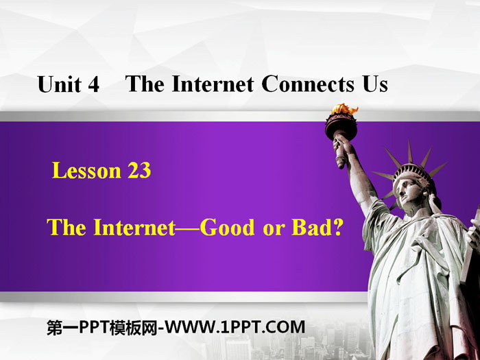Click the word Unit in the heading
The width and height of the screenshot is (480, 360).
(60, 85)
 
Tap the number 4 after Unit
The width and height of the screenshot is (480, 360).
(94, 86)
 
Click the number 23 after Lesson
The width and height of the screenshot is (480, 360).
(138, 171)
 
